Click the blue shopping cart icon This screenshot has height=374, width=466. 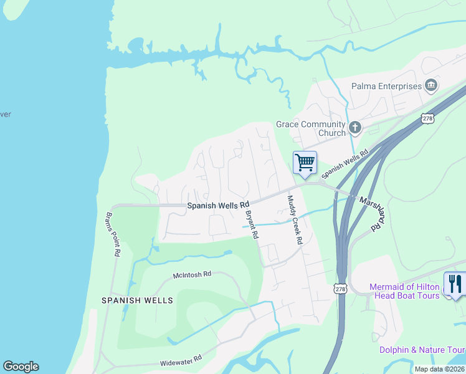click(x=305, y=163)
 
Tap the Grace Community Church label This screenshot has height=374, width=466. click(x=311, y=128)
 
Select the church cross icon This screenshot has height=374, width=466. click(x=355, y=128)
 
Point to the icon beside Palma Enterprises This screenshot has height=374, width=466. click(x=430, y=85)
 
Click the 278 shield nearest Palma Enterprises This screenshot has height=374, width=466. click(x=427, y=118)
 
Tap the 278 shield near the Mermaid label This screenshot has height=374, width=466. click(x=340, y=289)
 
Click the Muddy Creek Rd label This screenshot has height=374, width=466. click(x=295, y=219)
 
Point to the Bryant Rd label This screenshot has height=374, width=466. click(x=252, y=224)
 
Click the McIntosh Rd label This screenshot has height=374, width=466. click(x=193, y=274)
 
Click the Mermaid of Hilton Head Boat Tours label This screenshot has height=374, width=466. click(x=404, y=291)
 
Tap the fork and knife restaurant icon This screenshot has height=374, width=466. click(x=455, y=284)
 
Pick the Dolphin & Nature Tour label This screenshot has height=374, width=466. click(x=422, y=350)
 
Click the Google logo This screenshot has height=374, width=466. click(x=21, y=367)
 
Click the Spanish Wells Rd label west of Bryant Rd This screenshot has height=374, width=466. click(x=218, y=204)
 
